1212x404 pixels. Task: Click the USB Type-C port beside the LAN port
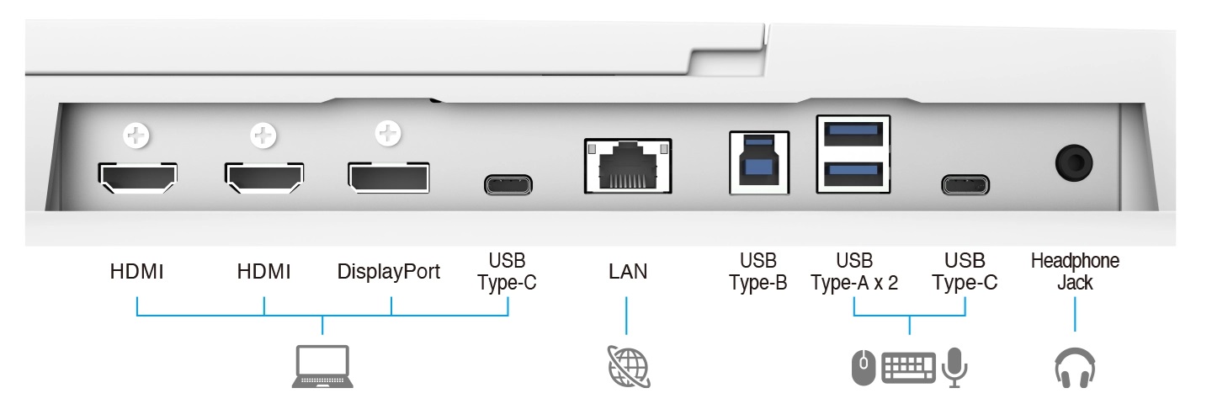pyautogui.click(x=508, y=184)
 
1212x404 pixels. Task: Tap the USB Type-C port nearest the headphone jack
pyautogui.click(x=965, y=184)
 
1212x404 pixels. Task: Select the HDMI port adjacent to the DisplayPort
pyautogui.click(x=264, y=175)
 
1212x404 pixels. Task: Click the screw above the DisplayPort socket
pyautogui.click(x=388, y=132)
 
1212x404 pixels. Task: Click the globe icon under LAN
pyautogui.click(x=628, y=367)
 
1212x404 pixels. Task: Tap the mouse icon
pyautogui.click(x=863, y=367)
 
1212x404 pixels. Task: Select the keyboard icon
pyautogui.click(x=907, y=367)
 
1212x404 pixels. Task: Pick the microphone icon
pyautogui.click(x=954, y=367)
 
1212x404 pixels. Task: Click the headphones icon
pyautogui.click(x=1075, y=369)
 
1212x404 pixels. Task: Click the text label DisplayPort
pyautogui.click(x=388, y=273)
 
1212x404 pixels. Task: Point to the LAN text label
pyautogui.click(x=628, y=273)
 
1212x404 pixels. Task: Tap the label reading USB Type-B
pyautogui.click(x=758, y=271)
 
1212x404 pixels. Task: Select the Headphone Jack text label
pyautogui.click(x=1075, y=271)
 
